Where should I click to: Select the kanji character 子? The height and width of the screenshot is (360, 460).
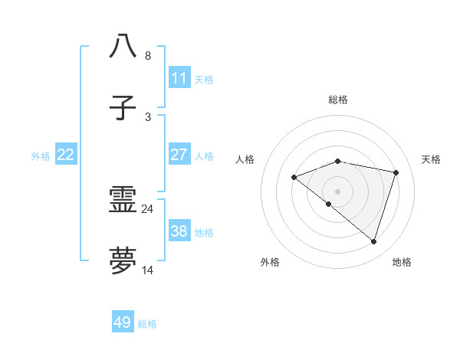tap(123, 108)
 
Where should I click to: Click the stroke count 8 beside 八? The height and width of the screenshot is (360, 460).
tap(148, 55)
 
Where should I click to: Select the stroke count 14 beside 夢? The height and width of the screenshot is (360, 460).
tap(148, 270)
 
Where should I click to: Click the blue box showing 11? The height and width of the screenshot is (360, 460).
tap(179, 78)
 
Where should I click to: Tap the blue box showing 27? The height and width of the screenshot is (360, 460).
tap(179, 155)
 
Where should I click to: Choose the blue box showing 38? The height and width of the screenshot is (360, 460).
tap(179, 231)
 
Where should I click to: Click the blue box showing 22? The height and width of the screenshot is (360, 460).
tap(66, 155)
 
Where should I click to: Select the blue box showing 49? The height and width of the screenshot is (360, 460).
tap(123, 322)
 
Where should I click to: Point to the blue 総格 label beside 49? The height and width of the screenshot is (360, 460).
tap(147, 324)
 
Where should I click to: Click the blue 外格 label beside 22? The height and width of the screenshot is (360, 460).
tap(41, 156)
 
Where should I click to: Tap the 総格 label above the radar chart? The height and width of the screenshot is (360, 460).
tap(338, 100)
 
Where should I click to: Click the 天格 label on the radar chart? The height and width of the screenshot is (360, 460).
tap(431, 159)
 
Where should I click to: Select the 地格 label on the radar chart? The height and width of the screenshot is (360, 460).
tap(402, 262)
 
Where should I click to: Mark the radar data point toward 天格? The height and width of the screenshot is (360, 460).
tap(396, 172)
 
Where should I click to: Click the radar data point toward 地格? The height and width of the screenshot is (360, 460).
tap(373, 242)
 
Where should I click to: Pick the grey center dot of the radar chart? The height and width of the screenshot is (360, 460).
tap(337, 191)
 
